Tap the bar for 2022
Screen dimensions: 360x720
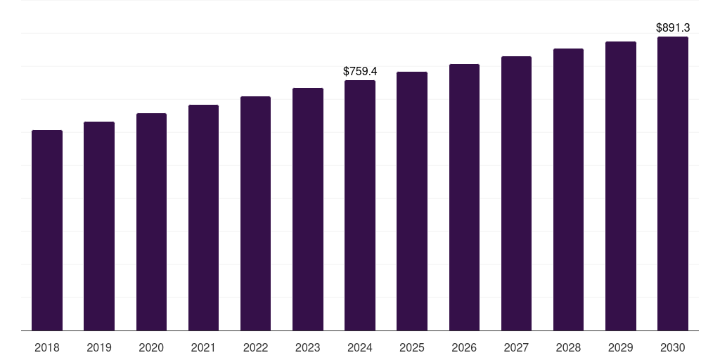tap(255, 214)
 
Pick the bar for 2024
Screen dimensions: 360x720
tap(360, 205)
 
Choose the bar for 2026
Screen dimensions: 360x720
tap(464, 198)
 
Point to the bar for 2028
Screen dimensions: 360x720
tap(568, 190)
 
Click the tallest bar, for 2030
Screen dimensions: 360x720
tap(673, 184)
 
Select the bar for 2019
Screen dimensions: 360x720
tap(99, 226)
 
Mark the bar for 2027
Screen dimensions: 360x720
tap(516, 193)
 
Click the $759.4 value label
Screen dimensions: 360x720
tap(360, 71)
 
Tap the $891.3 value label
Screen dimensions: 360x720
tap(673, 28)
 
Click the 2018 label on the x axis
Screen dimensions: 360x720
tap(47, 347)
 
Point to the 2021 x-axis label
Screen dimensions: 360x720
tap(203, 347)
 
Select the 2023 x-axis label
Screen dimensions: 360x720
tap(308, 347)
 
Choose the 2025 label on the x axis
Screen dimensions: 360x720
tap(412, 347)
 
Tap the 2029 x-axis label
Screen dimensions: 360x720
tap(621, 347)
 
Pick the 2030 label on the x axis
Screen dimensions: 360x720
tap(673, 347)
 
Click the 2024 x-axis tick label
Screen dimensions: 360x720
tap(360, 347)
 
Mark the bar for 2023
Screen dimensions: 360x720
tap(308, 210)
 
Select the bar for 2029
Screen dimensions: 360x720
tap(621, 186)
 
